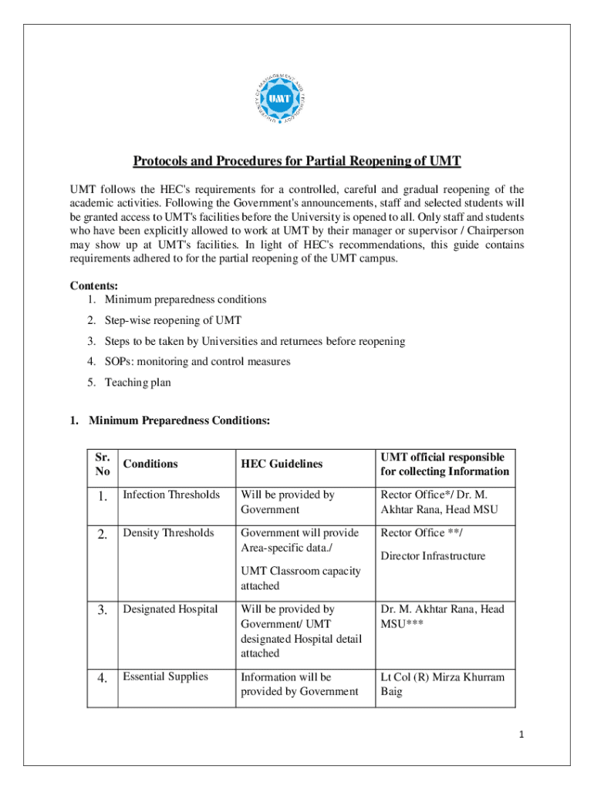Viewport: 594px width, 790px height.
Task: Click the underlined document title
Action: point(297,161)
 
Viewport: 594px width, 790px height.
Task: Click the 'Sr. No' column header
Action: point(102,464)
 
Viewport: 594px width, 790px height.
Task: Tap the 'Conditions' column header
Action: point(150,464)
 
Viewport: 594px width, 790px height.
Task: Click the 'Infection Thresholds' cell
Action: point(171,495)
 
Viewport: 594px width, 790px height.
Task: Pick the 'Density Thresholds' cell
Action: point(169,533)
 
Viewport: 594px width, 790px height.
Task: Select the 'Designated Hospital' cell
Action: point(170,609)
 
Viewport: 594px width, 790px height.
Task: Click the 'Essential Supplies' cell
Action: point(165,677)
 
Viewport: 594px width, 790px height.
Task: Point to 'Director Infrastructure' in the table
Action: point(433,555)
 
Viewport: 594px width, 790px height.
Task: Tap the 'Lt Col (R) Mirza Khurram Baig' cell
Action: point(442,684)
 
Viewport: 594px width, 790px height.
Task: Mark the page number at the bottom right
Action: point(522,735)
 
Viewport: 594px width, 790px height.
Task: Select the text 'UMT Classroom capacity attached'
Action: point(301,579)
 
